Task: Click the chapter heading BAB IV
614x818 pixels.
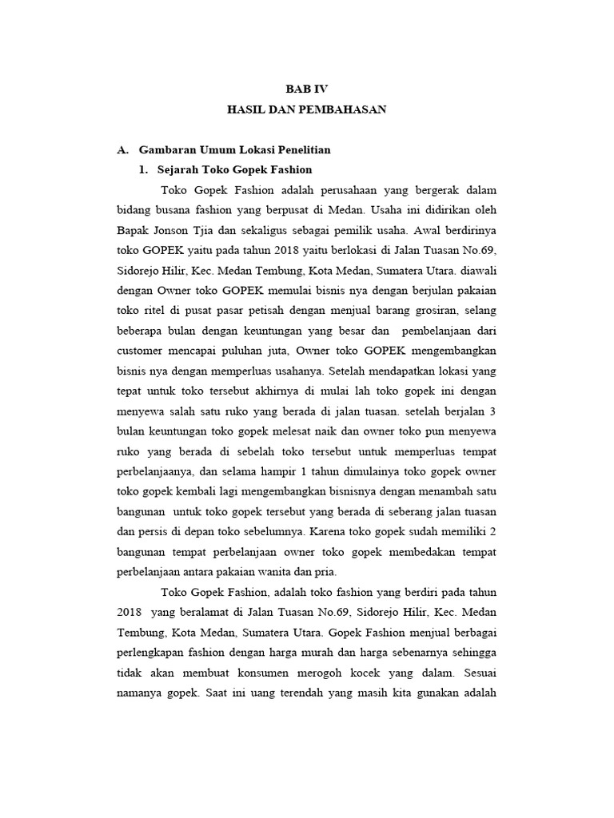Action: pos(307,90)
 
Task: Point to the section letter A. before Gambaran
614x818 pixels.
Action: pos(122,149)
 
